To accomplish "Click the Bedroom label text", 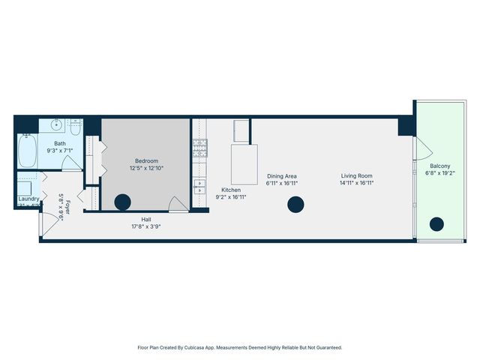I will [146, 160].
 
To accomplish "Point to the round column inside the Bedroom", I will [122, 201].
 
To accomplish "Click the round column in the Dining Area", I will [296, 204].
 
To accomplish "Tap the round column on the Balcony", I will [436, 223].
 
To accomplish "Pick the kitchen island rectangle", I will [244, 165].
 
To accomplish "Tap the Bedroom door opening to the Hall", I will [178, 204].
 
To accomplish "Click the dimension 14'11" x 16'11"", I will [356, 182].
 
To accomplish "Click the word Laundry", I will [28, 199].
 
